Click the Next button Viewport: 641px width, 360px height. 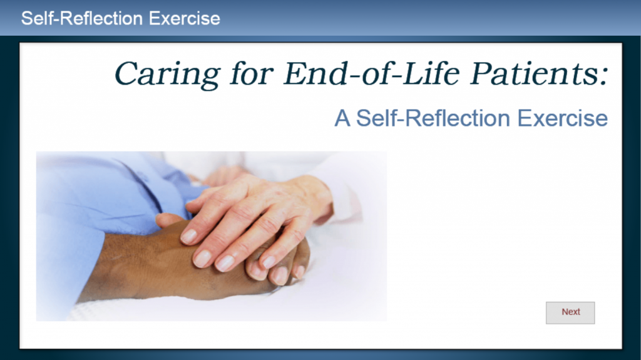[570, 313]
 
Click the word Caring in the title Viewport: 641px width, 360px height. [167, 74]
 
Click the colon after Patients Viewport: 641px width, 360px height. [604, 76]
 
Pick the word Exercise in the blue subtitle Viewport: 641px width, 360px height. [563, 118]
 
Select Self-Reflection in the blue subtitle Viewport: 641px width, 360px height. [433, 118]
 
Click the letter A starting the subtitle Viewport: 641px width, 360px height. [342, 118]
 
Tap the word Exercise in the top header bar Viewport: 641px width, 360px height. [185, 18]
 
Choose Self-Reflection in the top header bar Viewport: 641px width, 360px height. [82, 18]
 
